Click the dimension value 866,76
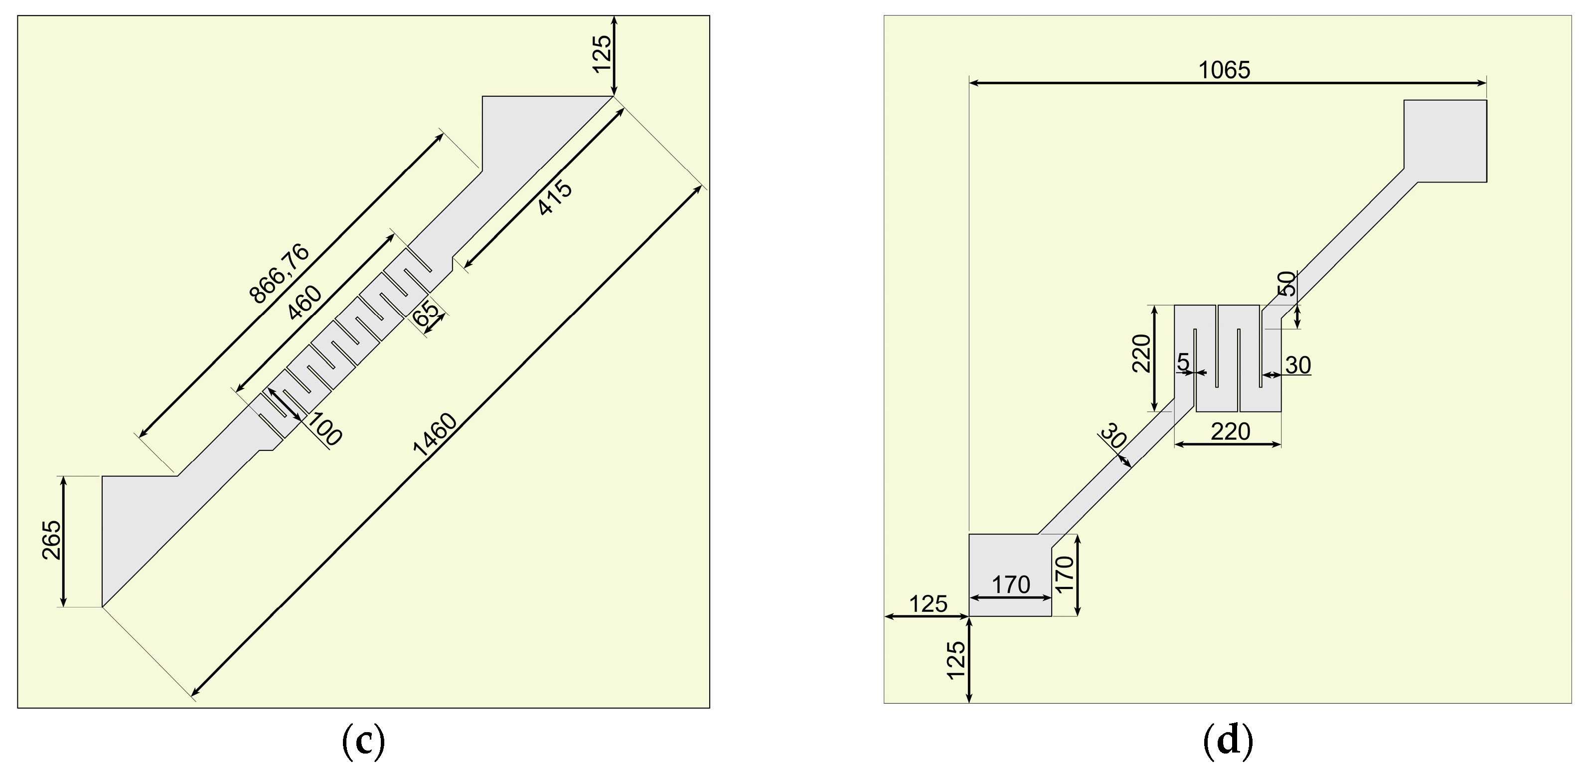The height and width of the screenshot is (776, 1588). pyautogui.click(x=279, y=274)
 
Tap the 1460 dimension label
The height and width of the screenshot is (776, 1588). pyautogui.click(x=435, y=435)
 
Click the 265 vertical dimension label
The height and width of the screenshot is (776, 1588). pyautogui.click(x=52, y=540)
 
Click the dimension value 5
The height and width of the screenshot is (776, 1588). pyautogui.click(x=1183, y=362)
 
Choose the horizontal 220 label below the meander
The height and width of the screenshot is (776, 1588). pyautogui.click(x=1231, y=432)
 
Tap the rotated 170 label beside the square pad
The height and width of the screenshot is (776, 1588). pyautogui.click(x=1065, y=574)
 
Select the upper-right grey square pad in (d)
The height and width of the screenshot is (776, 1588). pyautogui.click(x=1445, y=140)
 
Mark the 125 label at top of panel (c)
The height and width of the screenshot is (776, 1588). pyautogui.click(x=602, y=54)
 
